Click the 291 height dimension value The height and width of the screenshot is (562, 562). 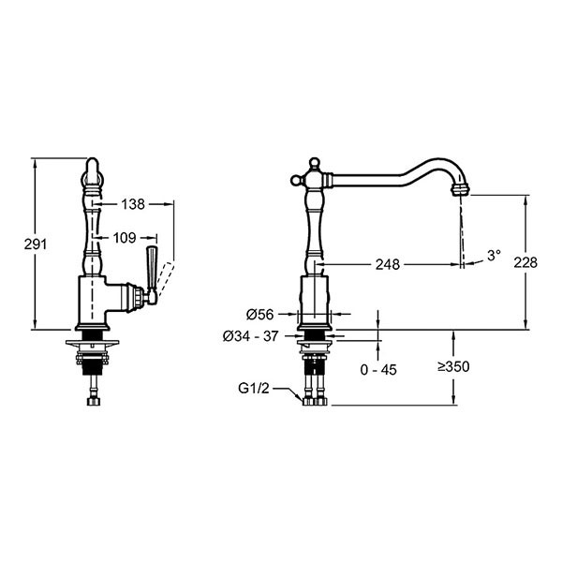point(36,244)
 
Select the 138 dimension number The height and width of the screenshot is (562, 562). point(133,204)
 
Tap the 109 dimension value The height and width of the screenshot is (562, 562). point(125,238)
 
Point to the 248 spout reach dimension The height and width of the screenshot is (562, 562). point(388,264)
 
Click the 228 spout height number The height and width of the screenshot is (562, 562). point(525,262)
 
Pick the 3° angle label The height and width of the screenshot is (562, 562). point(494,256)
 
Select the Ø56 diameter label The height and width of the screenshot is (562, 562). point(259,315)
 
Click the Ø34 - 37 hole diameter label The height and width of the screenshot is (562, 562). point(250,336)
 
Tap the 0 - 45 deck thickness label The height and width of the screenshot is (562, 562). point(378,370)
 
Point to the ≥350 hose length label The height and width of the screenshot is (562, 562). point(453,366)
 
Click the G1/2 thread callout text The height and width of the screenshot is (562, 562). point(254,388)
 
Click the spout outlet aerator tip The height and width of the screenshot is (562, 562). point(460,189)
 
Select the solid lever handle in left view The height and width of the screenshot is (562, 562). point(151,269)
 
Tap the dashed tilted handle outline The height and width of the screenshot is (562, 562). point(166,279)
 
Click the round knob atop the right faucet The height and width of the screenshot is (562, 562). point(314,163)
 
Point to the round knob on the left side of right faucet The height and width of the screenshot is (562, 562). point(296,180)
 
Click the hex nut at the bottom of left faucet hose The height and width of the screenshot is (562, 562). point(93,401)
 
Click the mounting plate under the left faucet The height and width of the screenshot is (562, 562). point(92,343)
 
